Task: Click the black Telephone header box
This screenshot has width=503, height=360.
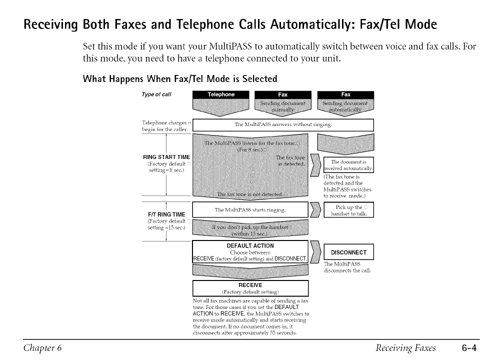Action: (220, 94)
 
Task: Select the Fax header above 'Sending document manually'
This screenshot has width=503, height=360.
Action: (283, 94)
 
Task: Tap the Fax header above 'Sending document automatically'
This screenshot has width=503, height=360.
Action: (345, 94)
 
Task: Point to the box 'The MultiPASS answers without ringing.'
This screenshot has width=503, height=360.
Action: (283, 124)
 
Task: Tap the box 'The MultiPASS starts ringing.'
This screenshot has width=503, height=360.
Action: (250, 210)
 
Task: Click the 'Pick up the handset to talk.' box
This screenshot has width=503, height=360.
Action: (348, 210)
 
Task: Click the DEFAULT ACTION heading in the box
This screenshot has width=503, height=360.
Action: (250, 245)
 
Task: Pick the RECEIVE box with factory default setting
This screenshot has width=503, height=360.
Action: (250, 288)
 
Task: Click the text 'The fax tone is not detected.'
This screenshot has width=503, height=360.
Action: (250, 194)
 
